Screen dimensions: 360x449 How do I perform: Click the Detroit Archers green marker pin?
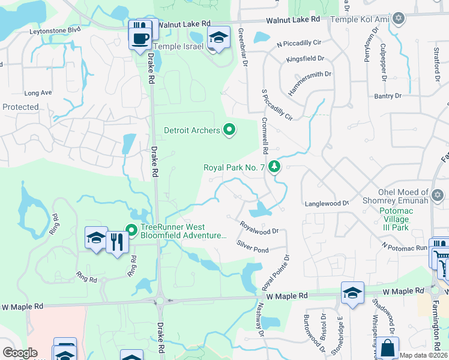click(229, 130)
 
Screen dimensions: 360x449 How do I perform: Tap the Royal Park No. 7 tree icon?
click(274, 166)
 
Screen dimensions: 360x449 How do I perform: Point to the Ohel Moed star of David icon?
click(438, 196)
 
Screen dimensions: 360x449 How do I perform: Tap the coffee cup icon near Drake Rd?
click(140, 38)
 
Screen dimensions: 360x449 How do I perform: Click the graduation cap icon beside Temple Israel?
click(218, 37)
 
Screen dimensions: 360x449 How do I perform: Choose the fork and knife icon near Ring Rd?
click(117, 241)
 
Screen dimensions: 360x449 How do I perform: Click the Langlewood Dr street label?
click(327, 203)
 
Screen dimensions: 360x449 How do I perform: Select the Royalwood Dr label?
click(259, 227)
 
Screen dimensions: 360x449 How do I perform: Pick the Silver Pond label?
click(252, 246)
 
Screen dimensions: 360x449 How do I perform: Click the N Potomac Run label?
click(405, 246)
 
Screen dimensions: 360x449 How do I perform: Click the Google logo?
click(20, 353)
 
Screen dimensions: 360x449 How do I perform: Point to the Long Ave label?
click(38, 93)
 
